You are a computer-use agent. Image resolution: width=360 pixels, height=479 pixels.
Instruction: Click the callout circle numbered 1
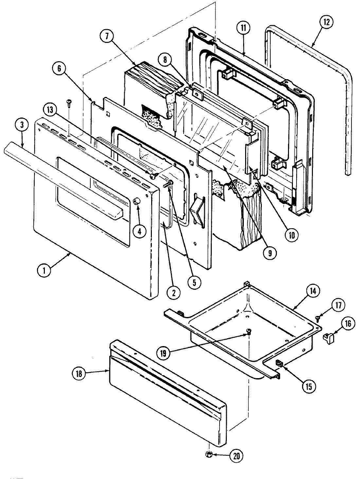coord(43,271)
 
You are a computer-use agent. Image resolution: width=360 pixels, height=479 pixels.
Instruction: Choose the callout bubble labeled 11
coord(243,28)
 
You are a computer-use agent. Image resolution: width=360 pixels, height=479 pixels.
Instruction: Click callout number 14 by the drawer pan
coord(313,291)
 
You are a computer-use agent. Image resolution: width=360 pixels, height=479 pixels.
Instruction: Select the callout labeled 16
coord(347,324)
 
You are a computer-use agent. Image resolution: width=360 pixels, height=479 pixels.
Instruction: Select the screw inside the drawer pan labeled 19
coord(249,333)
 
